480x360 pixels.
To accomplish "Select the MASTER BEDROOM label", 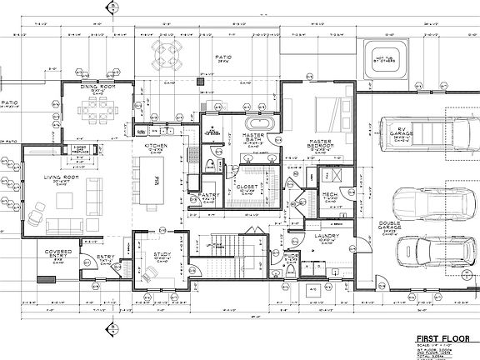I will pos(321,144).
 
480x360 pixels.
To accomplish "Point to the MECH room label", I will pos(330,195).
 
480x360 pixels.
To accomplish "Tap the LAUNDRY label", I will pos(326,236).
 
